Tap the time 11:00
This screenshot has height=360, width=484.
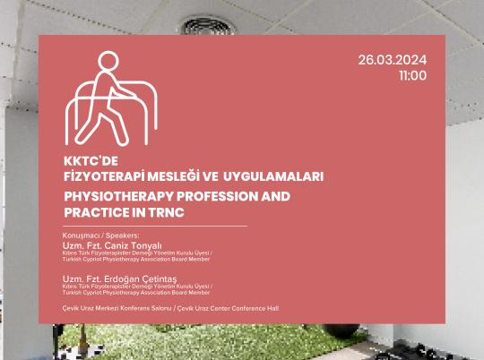tap(412, 75)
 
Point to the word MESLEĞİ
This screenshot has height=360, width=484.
tap(160, 176)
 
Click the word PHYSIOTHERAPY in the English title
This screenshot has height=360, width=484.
tap(106, 194)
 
